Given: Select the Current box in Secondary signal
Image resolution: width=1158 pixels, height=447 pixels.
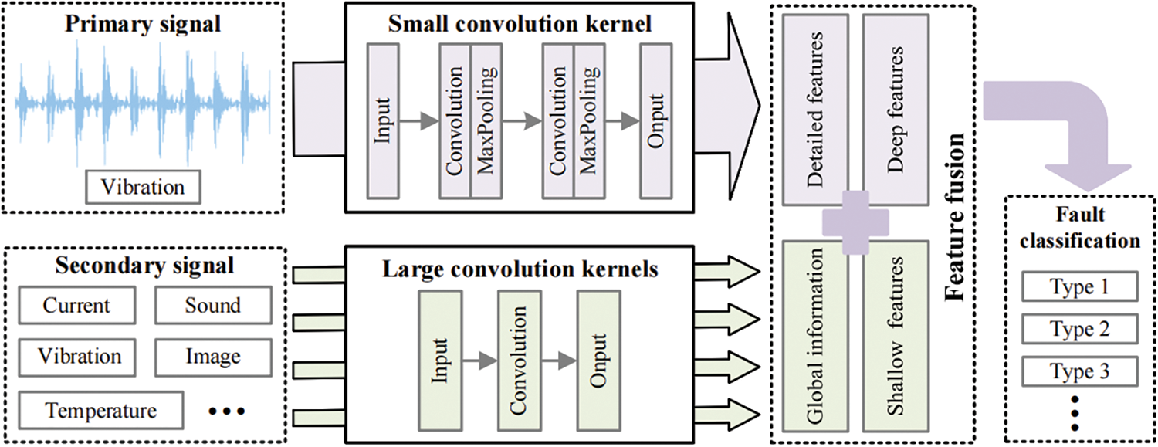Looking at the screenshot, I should point(76,306).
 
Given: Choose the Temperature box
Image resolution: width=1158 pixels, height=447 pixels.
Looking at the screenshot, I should point(100,409).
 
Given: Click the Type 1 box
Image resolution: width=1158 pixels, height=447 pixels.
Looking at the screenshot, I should point(1079,288).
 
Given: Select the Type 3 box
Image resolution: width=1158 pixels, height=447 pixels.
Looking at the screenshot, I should point(1079,372).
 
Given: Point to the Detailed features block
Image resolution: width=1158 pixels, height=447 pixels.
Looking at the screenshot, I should point(814,109).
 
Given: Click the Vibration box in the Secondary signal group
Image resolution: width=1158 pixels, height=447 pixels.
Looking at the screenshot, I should point(80,357).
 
